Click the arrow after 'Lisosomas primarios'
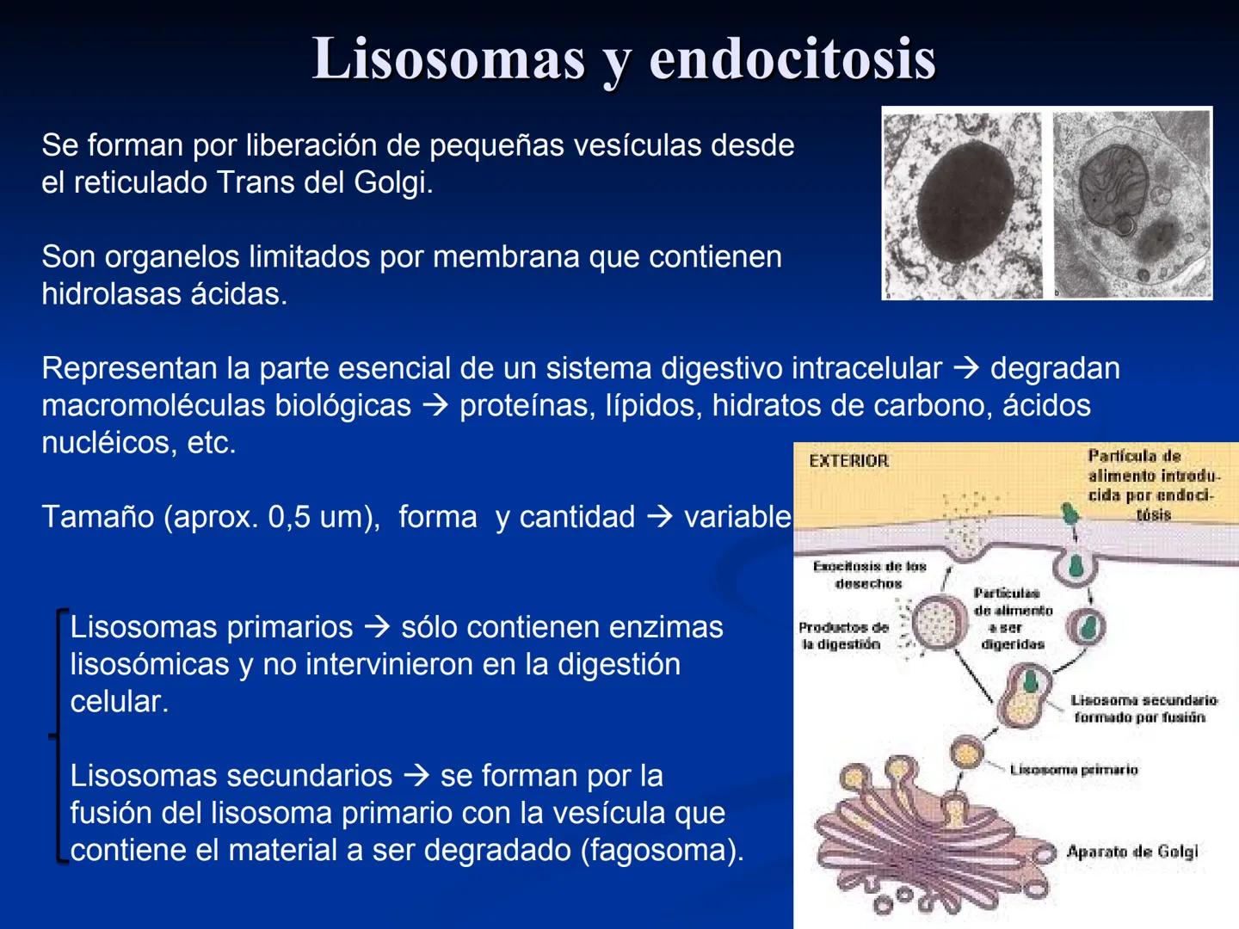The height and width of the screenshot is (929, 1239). coord(377,627)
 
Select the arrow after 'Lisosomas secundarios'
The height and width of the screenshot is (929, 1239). coord(416,776)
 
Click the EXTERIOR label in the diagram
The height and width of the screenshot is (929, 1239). coord(848,461)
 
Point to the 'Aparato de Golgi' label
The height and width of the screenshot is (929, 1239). coord(1131,852)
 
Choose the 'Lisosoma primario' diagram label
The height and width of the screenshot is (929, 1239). coord(1074,769)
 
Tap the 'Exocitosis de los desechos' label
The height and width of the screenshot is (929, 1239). coord(869,575)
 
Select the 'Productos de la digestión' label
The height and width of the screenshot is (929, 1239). coord(842,636)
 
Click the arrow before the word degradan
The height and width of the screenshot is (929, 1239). coord(966,368)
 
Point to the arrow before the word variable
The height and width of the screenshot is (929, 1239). coord(659,517)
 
